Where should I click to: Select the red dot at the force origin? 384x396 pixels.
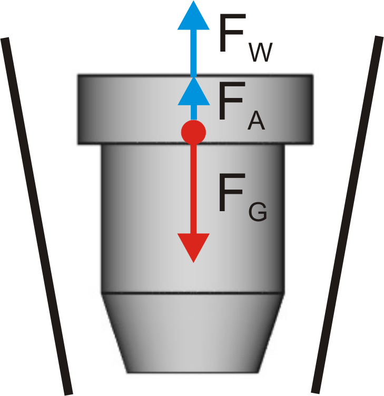(193, 132)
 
